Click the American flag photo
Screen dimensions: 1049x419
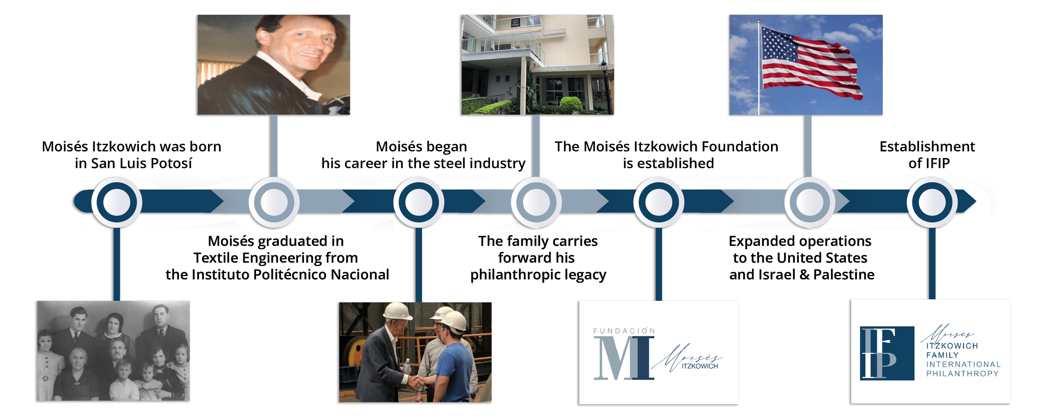tap(806, 65)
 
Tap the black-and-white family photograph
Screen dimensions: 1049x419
tap(113, 351)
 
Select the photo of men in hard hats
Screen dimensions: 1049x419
tap(415, 352)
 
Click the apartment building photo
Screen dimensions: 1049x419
tap(537, 65)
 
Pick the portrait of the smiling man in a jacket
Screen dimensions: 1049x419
tap(273, 65)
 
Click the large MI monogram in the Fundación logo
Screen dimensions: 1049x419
tap(624, 358)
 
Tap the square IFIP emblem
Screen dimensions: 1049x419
tap(887, 353)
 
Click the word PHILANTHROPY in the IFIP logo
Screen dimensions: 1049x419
tap(962, 373)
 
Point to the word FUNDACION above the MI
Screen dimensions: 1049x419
tap(624, 331)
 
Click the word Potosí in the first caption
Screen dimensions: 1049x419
tap(171, 163)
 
